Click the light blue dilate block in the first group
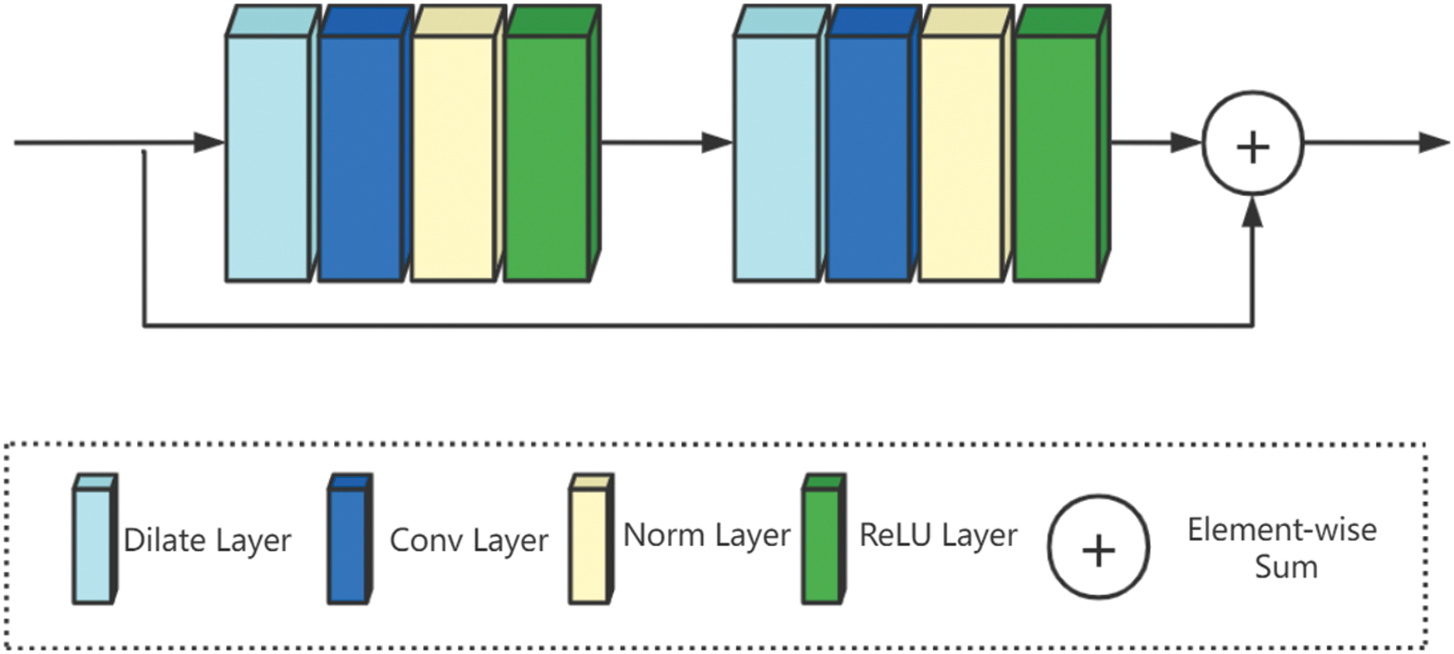(x=268, y=158)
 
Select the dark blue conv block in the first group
(x=360, y=158)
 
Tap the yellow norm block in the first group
(x=453, y=158)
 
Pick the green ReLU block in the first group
(x=546, y=158)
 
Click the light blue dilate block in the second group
(x=775, y=158)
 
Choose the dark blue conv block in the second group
(x=867, y=158)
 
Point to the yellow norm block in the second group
(x=960, y=158)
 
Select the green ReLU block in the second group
(x=1055, y=158)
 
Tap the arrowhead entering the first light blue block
(x=210, y=142)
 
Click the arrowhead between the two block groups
(x=717, y=142)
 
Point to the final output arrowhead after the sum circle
(x=1435, y=142)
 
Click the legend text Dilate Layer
(x=207, y=541)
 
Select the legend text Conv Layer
(x=469, y=541)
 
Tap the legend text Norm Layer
(x=706, y=536)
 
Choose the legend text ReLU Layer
(x=938, y=536)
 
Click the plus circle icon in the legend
(x=1098, y=548)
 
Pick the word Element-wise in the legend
(x=1281, y=530)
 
